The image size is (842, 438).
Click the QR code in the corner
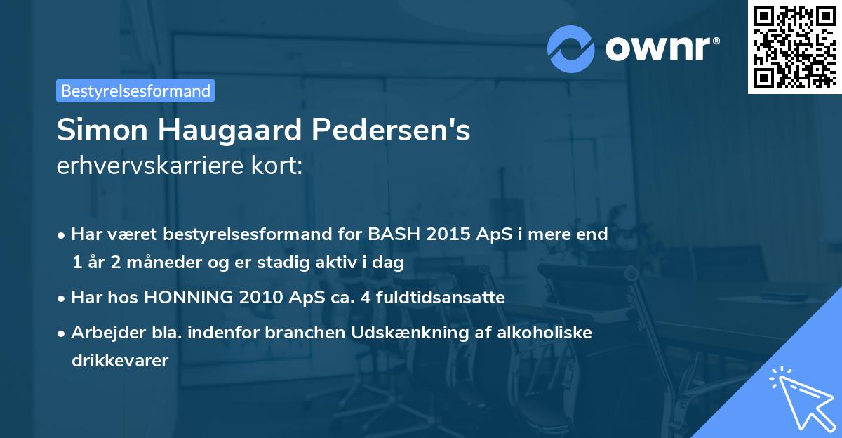click(794, 47)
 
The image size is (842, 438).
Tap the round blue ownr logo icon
click(571, 49)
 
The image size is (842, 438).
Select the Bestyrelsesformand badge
click(135, 91)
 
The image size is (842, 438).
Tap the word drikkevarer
click(119, 361)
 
